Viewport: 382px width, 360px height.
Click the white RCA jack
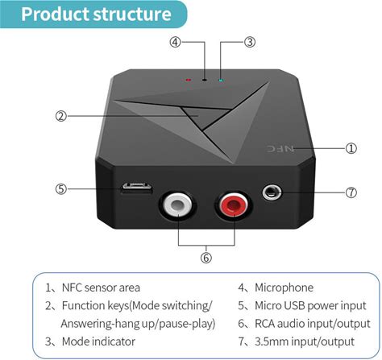click(x=177, y=205)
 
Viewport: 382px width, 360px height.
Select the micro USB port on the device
click(x=136, y=188)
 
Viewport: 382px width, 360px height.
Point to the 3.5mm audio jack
click(x=272, y=192)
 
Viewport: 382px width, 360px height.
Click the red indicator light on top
click(x=189, y=80)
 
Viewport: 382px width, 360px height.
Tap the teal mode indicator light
click(x=221, y=80)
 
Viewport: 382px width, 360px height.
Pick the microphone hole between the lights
click(x=205, y=80)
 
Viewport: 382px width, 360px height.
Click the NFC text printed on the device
click(x=280, y=148)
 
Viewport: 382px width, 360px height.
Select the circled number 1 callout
click(x=351, y=148)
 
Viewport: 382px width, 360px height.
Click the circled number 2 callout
click(x=61, y=116)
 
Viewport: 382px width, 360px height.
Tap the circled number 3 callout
click(x=250, y=42)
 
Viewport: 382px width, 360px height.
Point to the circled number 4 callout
click(x=175, y=42)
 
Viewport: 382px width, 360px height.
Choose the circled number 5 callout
click(x=61, y=189)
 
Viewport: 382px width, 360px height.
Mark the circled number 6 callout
click(x=206, y=258)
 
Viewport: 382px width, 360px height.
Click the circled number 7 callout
click(x=351, y=192)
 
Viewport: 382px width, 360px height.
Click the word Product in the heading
click(x=56, y=14)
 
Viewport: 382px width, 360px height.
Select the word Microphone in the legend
click(x=284, y=288)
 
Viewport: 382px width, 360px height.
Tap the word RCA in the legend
click(x=264, y=324)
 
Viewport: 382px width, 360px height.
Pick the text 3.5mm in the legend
click(x=271, y=341)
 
